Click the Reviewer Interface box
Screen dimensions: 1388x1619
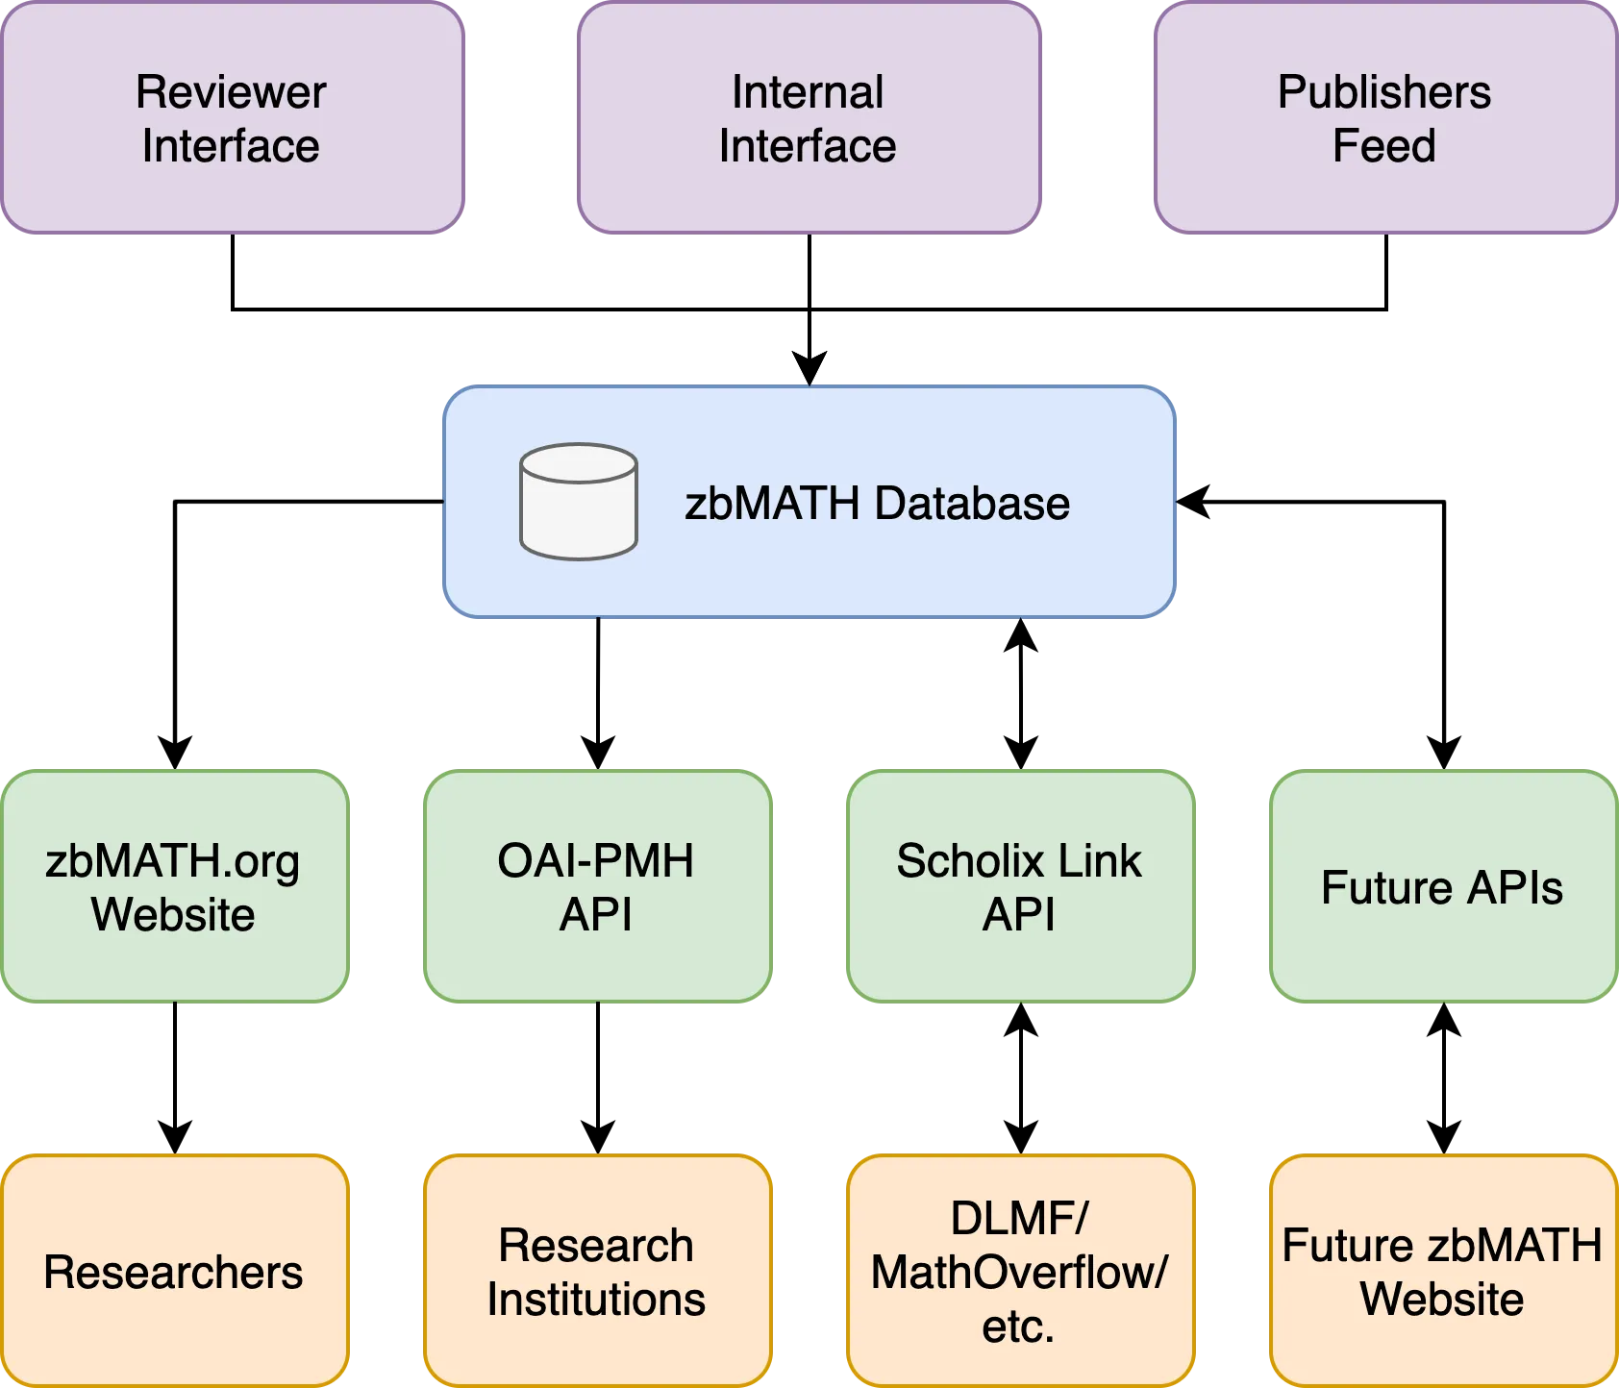pyautogui.click(x=232, y=118)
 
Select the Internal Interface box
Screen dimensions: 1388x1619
pyautogui.click(x=809, y=118)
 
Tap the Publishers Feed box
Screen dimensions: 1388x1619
pyautogui.click(x=1384, y=118)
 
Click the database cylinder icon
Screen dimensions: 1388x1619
pyautogui.click(x=578, y=501)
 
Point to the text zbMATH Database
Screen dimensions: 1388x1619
pyautogui.click(x=877, y=504)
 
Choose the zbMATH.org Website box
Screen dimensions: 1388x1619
pyautogui.click(x=174, y=887)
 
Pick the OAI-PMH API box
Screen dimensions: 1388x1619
pyautogui.click(x=597, y=887)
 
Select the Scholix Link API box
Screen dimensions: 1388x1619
pyautogui.click(x=1020, y=887)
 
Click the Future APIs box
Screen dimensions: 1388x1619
pyautogui.click(x=1442, y=887)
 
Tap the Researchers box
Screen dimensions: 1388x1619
pyautogui.click(x=174, y=1272)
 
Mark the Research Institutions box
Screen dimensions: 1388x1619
pyautogui.click(x=597, y=1272)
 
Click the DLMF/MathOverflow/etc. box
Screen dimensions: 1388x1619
pyautogui.click(x=1020, y=1272)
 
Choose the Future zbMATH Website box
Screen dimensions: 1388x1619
pyautogui.click(x=1442, y=1272)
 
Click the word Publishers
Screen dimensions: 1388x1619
pyautogui.click(x=1384, y=92)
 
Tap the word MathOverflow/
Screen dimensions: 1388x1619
pyautogui.click(x=1019, y=1273)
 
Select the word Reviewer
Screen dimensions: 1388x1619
pyautogui.click(x=231, y=92)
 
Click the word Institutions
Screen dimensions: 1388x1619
pyautogui.click(x=596, y=1300)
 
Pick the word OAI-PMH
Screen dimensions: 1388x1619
pyautogui.click(x=596, y=860)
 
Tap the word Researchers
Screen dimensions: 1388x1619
pyautogui.click(x=173, y=1273)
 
